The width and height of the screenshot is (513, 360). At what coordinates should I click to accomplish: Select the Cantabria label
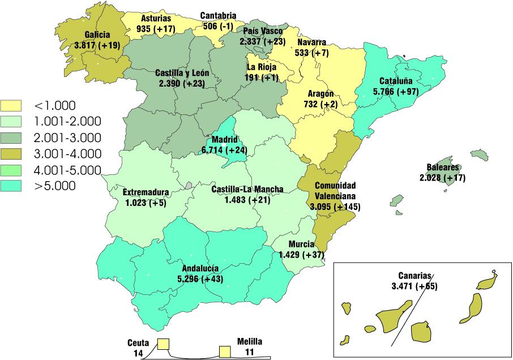tap(219, 15)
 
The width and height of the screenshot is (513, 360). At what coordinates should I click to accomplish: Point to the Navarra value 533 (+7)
tap(311, 52)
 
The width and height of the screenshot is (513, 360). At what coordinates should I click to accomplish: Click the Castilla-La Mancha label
tap(247, 190)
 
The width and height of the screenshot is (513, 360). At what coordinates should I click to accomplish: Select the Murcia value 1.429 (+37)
tap(302, 255)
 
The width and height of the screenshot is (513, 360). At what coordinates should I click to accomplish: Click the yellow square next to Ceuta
tap(164, 344)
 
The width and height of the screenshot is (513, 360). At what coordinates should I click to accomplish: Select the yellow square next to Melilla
tap(226, 352)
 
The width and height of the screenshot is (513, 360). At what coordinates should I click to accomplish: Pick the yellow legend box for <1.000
tap(11, 105)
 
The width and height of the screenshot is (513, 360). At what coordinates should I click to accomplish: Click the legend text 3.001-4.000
tap(67, 153)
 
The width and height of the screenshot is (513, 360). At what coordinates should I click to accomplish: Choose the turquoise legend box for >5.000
tap(11, 186)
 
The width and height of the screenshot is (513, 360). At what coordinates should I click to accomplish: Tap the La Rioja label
tap(262, 67)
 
